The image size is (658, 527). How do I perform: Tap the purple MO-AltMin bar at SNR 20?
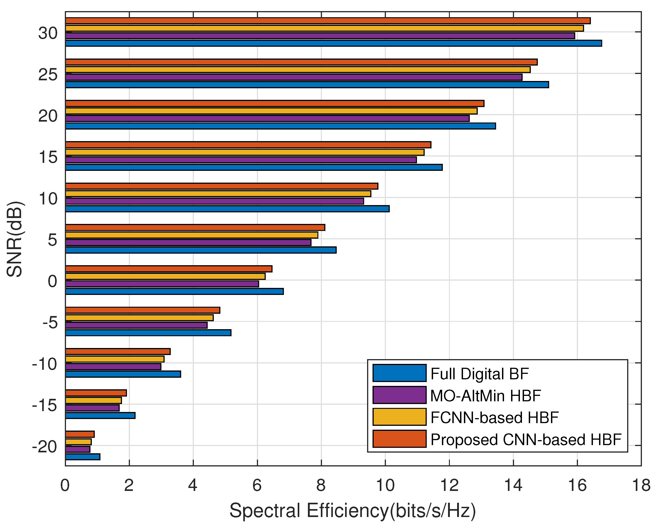[267, 118]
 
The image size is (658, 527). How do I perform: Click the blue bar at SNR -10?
[123, 374]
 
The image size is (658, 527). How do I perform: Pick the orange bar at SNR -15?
[96, 393]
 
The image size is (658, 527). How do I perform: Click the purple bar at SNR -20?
[78, 449]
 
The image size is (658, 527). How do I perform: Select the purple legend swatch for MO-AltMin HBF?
[399, 395]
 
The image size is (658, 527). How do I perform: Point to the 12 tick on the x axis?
[449, 485]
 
